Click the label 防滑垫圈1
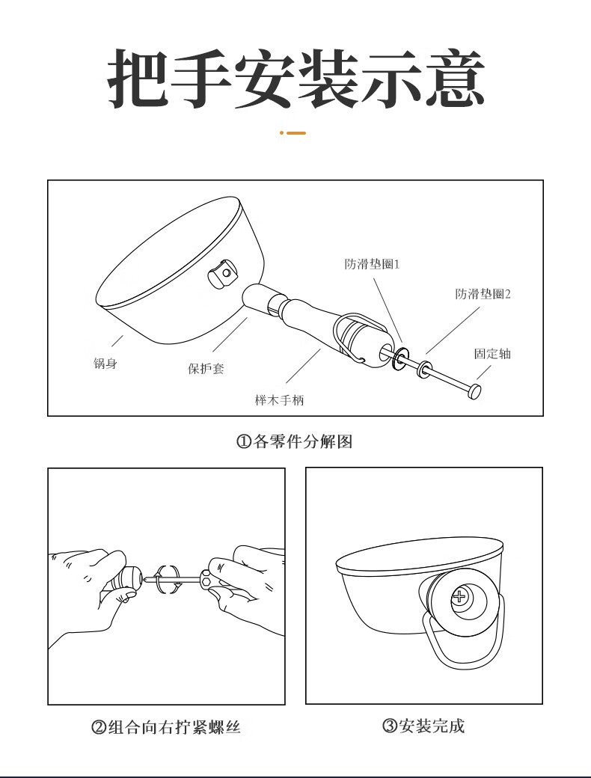pos(372,263)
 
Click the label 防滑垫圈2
pos(483,294)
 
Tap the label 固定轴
pos(492,354)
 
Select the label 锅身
pos(105,364)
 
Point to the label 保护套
pos(206,369)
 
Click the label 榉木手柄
pos(279,400)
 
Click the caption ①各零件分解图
pos(294,441)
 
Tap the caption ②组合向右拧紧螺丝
pos(166,727)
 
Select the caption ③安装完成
pos(423,726)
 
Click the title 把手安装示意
pos(295,79)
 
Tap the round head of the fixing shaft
pos(474,391)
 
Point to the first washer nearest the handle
pos(400,358)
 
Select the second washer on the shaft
pos(423,370)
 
